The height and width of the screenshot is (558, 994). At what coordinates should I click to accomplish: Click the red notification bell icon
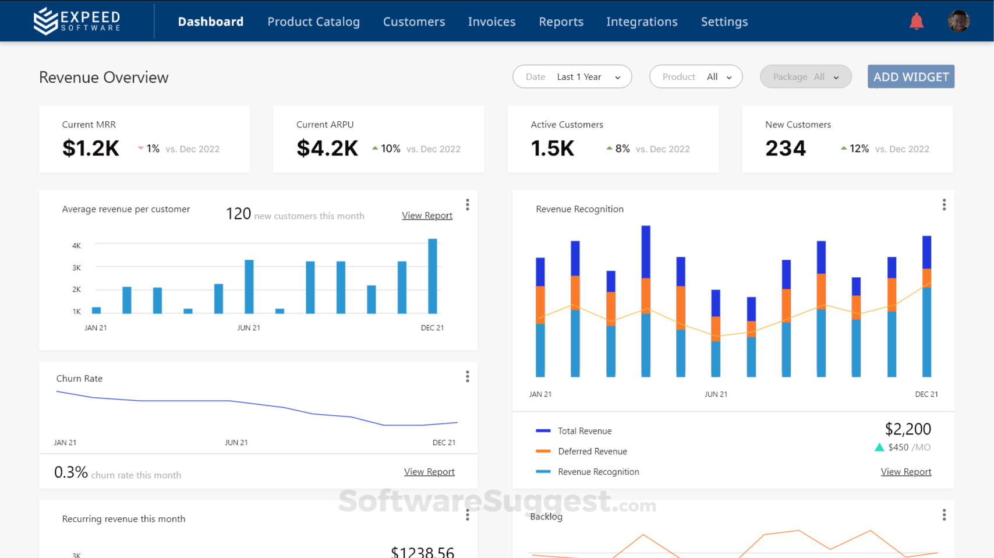pos(916,22)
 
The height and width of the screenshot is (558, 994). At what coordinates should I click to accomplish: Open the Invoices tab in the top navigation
pos(491,22)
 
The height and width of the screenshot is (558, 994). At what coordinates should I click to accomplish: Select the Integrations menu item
pos(642,22)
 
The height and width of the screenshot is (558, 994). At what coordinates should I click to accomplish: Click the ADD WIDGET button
pos(911,77)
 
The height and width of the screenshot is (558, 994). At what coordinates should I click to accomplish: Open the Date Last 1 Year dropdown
pos(572,77)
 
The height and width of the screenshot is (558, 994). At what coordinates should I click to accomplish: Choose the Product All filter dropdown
pos(695,77)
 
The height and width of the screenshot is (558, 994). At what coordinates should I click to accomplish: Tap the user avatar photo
pos(958,22)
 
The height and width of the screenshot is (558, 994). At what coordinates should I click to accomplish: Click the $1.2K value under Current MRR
pos(91,149)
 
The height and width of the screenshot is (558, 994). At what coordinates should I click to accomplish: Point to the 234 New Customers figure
pos(786,149)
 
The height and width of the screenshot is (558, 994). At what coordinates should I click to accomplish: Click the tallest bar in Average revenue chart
pos(433,276)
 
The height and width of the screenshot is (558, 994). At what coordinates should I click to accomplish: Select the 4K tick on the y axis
pos(76,246)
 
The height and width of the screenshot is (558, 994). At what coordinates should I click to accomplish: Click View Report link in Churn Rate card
pos(429,472)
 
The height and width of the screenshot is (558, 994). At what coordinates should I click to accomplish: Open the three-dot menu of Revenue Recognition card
pos(944,204)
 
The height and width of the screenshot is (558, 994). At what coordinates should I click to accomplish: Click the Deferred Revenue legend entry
pos(592,451)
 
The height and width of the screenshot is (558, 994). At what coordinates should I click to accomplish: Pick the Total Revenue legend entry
pos(584,431)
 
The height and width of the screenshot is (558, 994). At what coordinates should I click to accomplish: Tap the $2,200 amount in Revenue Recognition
pos(907,429)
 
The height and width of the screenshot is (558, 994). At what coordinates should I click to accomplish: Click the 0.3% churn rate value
pos(71,472)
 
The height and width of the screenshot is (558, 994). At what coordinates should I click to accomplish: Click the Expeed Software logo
pos(77,21)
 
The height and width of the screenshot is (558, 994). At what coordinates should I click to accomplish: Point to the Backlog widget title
pos(546,517)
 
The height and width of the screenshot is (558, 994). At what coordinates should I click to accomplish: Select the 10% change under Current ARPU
pos(390,149)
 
